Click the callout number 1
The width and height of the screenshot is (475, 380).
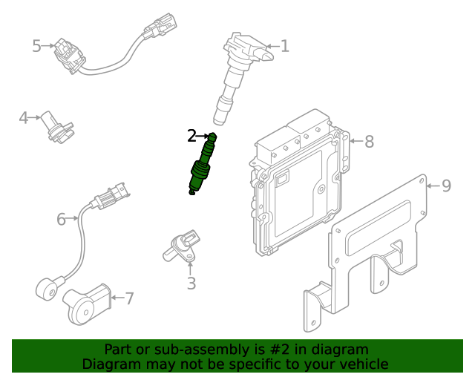pos(284,47)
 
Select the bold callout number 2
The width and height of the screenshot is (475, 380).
pos(191,135)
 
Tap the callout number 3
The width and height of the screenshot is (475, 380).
pos(191,284)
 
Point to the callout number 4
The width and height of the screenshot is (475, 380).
pos(24,117)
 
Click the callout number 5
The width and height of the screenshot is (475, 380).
pos(36,46)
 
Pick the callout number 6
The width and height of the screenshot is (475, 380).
pos(61,218)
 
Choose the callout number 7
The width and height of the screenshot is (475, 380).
pos(129,298)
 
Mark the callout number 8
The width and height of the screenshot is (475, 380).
pos(369,141)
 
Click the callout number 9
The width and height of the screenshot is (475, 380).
pos(446,186)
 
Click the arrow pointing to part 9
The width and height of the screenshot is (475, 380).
pos(433,186)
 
